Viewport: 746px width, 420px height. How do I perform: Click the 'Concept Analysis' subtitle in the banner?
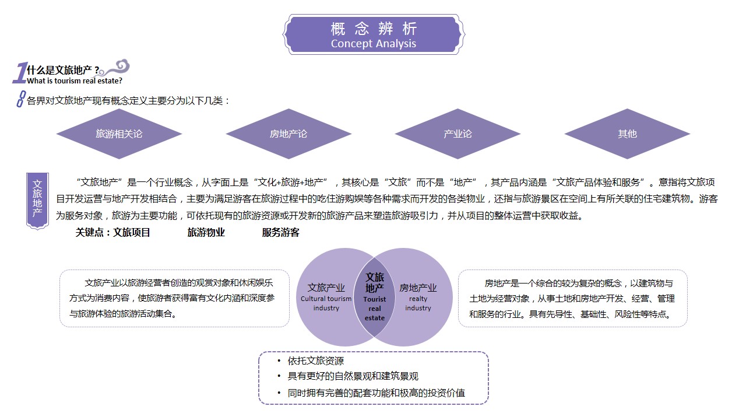[x=374, y=44]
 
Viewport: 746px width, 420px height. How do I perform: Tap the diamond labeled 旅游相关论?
[x=119, y=134]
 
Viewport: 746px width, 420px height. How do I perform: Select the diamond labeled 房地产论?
[x=288, y=134]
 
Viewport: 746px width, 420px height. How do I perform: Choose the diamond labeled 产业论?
[x=458, y=134]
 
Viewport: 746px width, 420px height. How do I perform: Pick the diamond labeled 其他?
[x=627, y=134]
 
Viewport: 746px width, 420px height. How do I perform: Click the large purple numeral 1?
[x=20, y=73]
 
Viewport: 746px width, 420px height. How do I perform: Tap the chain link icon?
[x=21, y=99]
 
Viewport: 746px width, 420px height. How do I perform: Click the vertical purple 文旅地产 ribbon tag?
[x=37, y=201]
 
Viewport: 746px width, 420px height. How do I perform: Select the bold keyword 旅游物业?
[x=206, y=232]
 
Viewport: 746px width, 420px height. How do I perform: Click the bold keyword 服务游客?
[x=281, y=232]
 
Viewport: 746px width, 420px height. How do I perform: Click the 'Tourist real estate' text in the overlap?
[x=375, y=309]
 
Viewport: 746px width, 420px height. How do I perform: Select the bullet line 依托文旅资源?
[x=316, y=360]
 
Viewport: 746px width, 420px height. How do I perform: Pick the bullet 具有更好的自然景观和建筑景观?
[x=353, y=376]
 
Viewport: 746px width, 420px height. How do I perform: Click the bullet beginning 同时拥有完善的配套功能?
[x=376, y=393]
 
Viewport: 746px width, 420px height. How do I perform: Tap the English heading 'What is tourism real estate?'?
[x=75, y=81]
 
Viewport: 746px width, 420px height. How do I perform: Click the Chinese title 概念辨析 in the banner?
[x=374, y=29]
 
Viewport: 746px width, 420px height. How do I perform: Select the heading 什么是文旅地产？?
[x=64, y=70]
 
